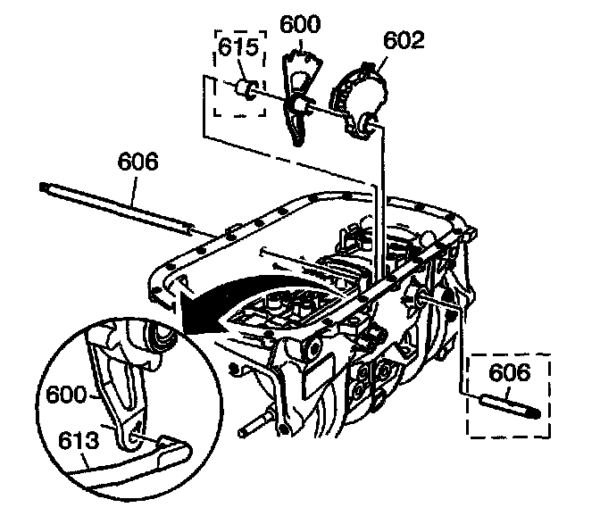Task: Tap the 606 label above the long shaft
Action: pos(137,162)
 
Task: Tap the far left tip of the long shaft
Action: pos(44,186)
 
